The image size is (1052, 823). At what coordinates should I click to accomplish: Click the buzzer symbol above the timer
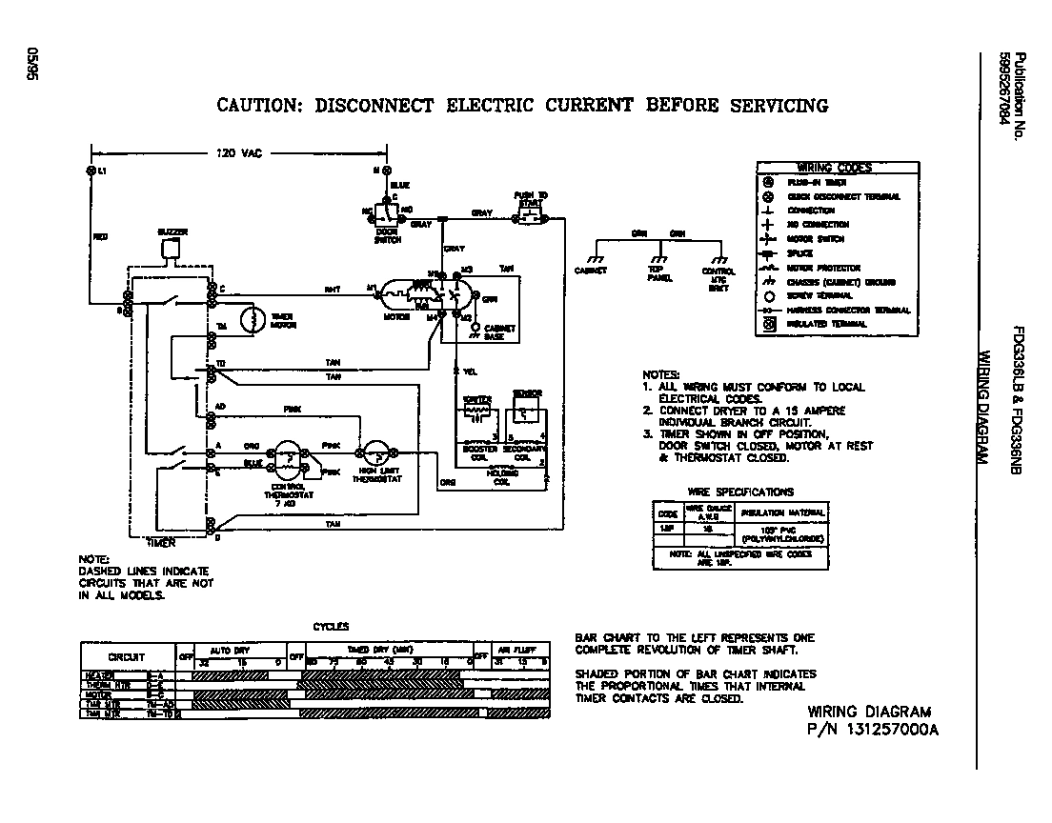171,249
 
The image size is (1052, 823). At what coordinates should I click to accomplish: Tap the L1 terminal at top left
91,171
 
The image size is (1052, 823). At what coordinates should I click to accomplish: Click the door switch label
388,235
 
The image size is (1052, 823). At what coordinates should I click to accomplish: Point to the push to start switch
528,217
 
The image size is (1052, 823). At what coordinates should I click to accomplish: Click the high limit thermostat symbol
374,454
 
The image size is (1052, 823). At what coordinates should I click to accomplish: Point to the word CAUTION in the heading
254,105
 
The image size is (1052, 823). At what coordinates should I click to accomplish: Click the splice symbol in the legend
768,253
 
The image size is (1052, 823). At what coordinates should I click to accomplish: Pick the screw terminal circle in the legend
768,296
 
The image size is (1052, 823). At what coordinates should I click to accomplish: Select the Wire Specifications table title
739,492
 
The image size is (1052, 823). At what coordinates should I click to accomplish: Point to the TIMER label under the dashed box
162,541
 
